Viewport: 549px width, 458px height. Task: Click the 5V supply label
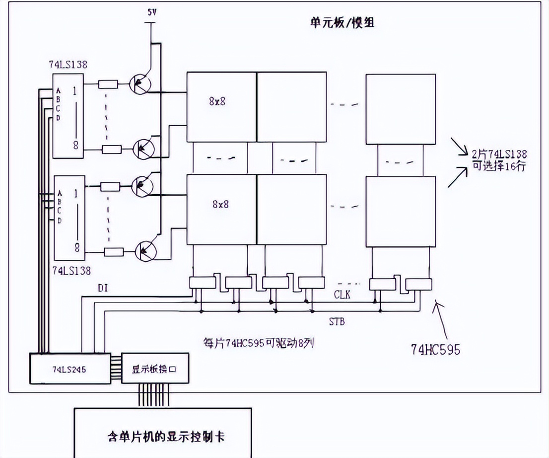151,12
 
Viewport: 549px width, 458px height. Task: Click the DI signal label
103,288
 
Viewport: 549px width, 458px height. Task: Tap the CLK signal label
342,295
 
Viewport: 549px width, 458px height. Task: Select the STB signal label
337,322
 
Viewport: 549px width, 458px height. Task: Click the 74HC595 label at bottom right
435,350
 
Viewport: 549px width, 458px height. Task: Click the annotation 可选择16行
499,166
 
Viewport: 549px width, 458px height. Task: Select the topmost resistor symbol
108,84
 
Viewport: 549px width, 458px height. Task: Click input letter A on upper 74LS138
59,91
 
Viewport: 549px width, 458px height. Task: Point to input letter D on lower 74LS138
60,220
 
